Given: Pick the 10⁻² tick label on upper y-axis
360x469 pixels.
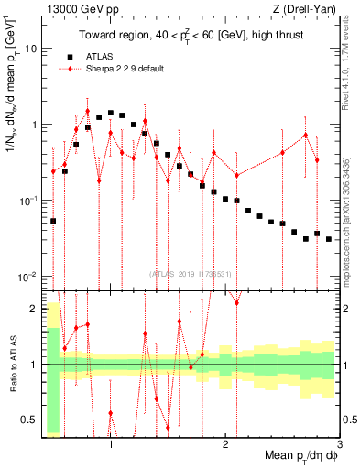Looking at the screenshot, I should click(28, 276).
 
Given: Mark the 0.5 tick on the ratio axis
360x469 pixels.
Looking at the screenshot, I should click(30, 420).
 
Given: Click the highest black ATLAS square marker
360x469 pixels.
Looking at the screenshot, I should click(111, 113).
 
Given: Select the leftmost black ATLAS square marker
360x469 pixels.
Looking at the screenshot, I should click(53, 221).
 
